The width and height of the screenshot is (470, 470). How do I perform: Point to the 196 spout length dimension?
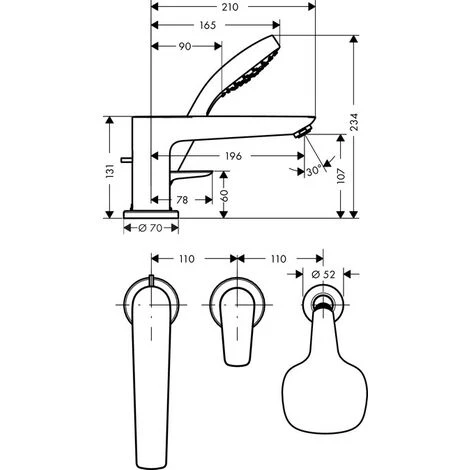[x=233, y=155]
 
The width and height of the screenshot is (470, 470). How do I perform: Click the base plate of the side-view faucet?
[x=150, y=214]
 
